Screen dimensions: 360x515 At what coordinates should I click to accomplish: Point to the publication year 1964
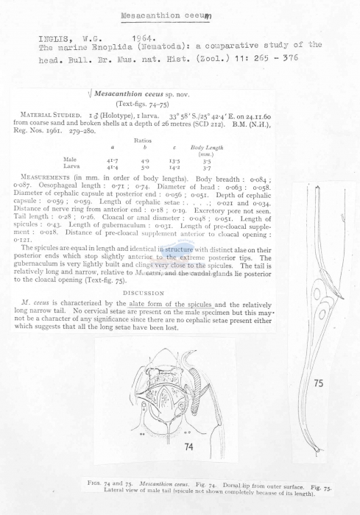pyautogui.click(x=144, y=36)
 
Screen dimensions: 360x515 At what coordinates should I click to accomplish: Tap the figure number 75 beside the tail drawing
pyautogui.click(x=318, y=383)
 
